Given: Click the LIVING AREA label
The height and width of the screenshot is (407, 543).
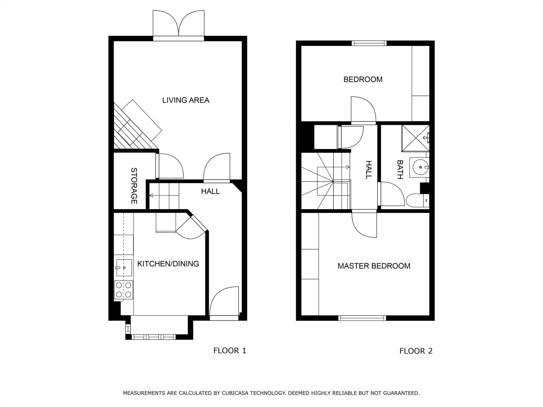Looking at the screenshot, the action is [186, 100].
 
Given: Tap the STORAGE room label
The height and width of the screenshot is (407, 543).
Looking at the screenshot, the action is [134, 186].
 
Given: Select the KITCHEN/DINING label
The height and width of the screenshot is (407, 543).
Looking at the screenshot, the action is [168, 264].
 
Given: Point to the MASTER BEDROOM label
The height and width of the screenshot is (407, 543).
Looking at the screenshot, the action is [374, 266].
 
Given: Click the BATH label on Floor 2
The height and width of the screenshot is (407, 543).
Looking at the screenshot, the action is [400, 170].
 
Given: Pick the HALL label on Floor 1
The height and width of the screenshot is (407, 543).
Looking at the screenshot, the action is [210, 191].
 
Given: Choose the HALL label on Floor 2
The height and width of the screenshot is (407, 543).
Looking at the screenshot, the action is [369, 170].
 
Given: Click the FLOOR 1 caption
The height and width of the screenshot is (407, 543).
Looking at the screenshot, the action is [230, 351].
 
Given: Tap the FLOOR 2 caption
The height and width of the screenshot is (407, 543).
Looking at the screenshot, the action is [416, 351].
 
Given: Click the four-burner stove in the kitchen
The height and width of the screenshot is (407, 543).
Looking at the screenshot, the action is [124, 290].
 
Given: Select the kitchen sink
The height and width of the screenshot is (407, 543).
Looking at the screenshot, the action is [124, 268].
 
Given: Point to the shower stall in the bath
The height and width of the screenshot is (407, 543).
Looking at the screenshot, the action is [415, 138].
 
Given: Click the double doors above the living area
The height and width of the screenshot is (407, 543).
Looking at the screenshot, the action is [178, 25].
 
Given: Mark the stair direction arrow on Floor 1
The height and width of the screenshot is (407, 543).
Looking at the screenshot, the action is [164, 195].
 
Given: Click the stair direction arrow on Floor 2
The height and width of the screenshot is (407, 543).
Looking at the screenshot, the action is [333, 167].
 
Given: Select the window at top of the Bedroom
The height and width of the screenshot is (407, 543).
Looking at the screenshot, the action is [369, 43].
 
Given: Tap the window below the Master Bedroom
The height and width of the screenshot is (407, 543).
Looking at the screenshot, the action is [362, 318].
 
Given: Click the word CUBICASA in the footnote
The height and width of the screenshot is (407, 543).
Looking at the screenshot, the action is [238, 393].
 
